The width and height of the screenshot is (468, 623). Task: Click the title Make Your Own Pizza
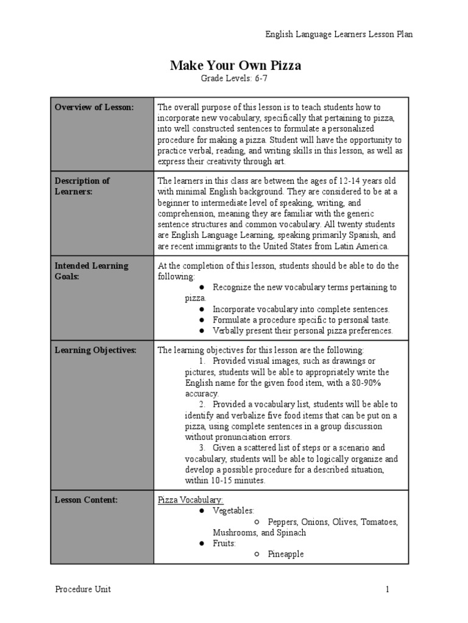click(235, 66)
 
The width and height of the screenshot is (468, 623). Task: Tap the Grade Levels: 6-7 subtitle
click(235, 79)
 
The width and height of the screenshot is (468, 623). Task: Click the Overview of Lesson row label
click(94, 107)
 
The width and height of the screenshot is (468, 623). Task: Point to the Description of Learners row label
click(82, 186)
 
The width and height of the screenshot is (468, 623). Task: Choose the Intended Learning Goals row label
click(91, 271)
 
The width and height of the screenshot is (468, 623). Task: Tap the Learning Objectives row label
click(96, 350)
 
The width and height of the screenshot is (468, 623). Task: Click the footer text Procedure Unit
click(83, 589)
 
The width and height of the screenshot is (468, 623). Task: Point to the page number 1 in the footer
click(386, 589)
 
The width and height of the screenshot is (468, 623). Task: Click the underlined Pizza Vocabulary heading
click(191, 500)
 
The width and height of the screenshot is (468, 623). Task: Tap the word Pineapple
click(285, 554)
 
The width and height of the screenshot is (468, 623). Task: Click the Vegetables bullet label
click(233, 511)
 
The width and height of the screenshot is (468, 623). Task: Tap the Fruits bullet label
click(224, 543)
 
